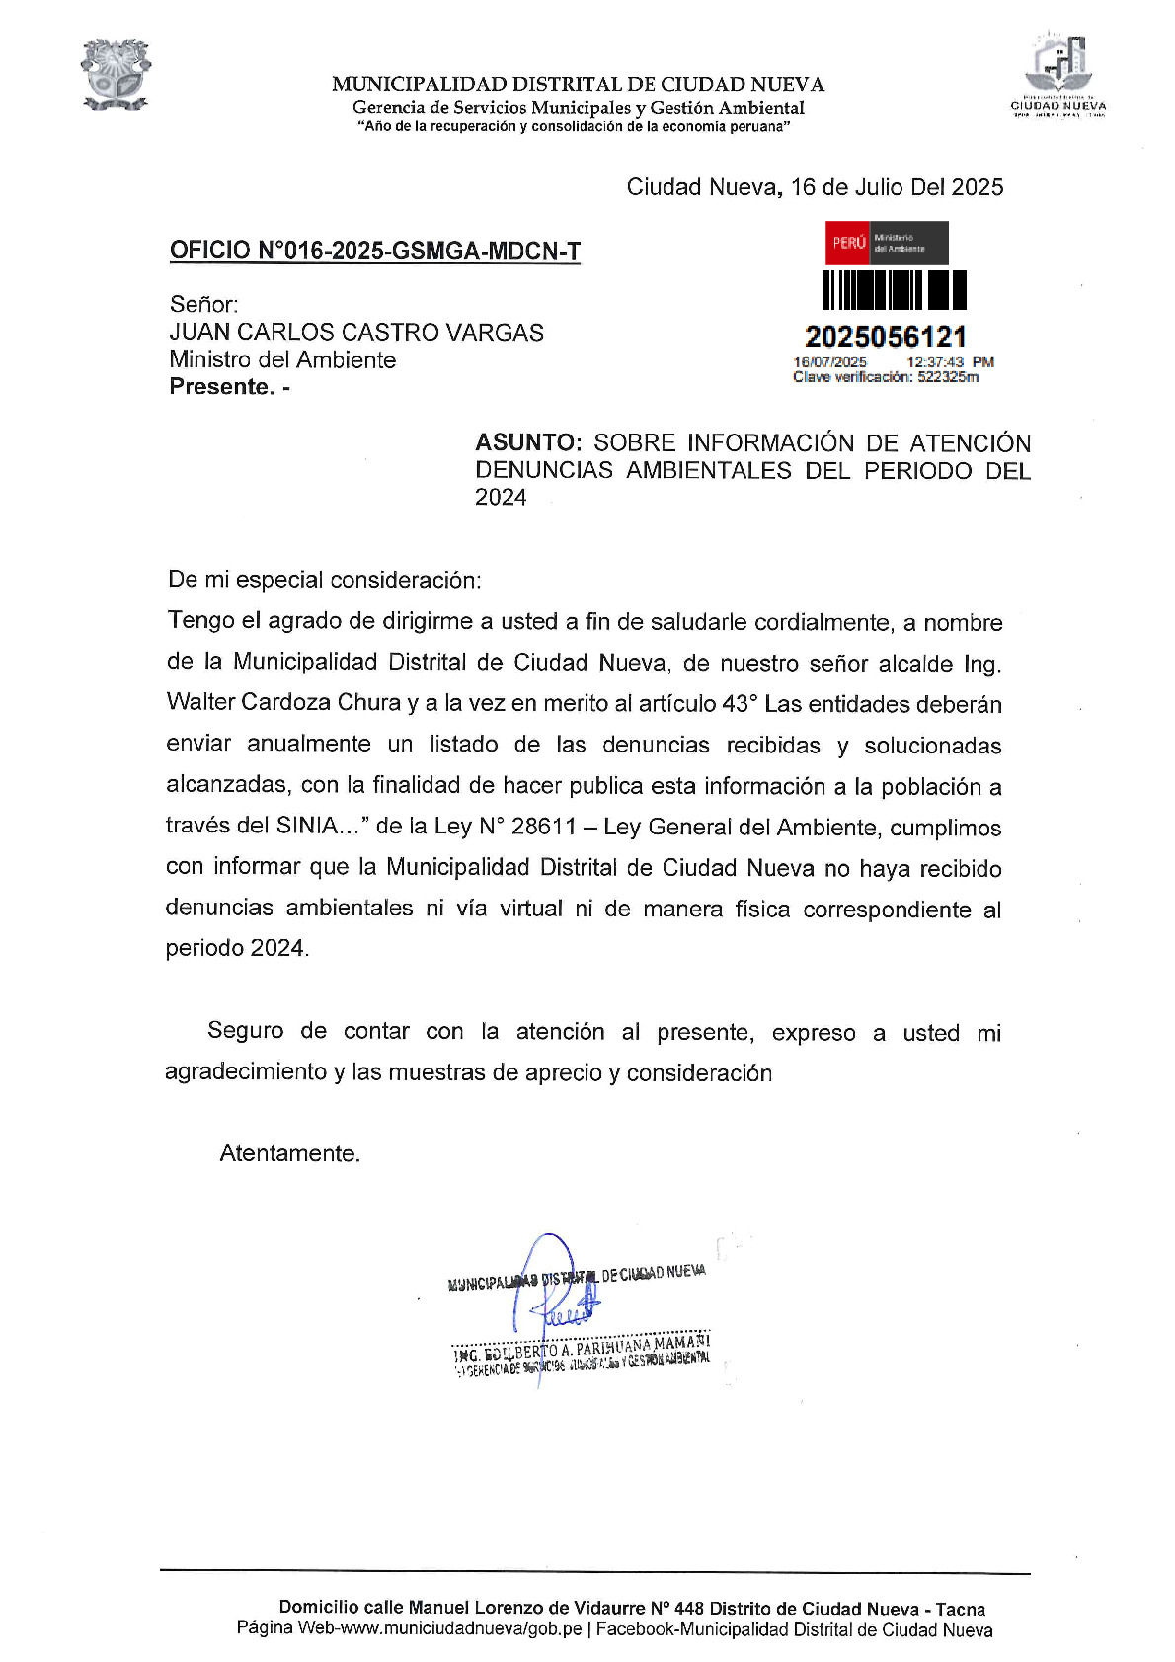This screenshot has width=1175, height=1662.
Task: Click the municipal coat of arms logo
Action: [116, 74]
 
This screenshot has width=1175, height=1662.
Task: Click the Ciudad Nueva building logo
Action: [1058, 74]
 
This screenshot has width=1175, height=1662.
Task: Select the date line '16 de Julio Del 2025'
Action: [897, 187]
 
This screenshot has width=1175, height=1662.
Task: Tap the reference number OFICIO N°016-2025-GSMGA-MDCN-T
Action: [375, 251]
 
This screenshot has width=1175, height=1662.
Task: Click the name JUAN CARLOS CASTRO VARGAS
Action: [356, 333]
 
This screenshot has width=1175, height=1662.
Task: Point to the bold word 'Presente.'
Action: [222, 387]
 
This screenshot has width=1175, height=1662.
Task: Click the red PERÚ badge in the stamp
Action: [848, 243]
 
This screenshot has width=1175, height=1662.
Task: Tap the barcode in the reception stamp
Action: [895, 290]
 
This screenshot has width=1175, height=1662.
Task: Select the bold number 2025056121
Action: [886, 337]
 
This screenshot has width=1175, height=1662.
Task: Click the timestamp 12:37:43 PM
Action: [950, 362]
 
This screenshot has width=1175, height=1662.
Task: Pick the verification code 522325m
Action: [948, 377]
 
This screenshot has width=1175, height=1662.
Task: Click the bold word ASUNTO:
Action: [528, 443]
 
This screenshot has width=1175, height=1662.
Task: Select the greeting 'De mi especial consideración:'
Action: [325, 581]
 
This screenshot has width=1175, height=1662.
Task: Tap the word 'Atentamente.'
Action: [290, 1153]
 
